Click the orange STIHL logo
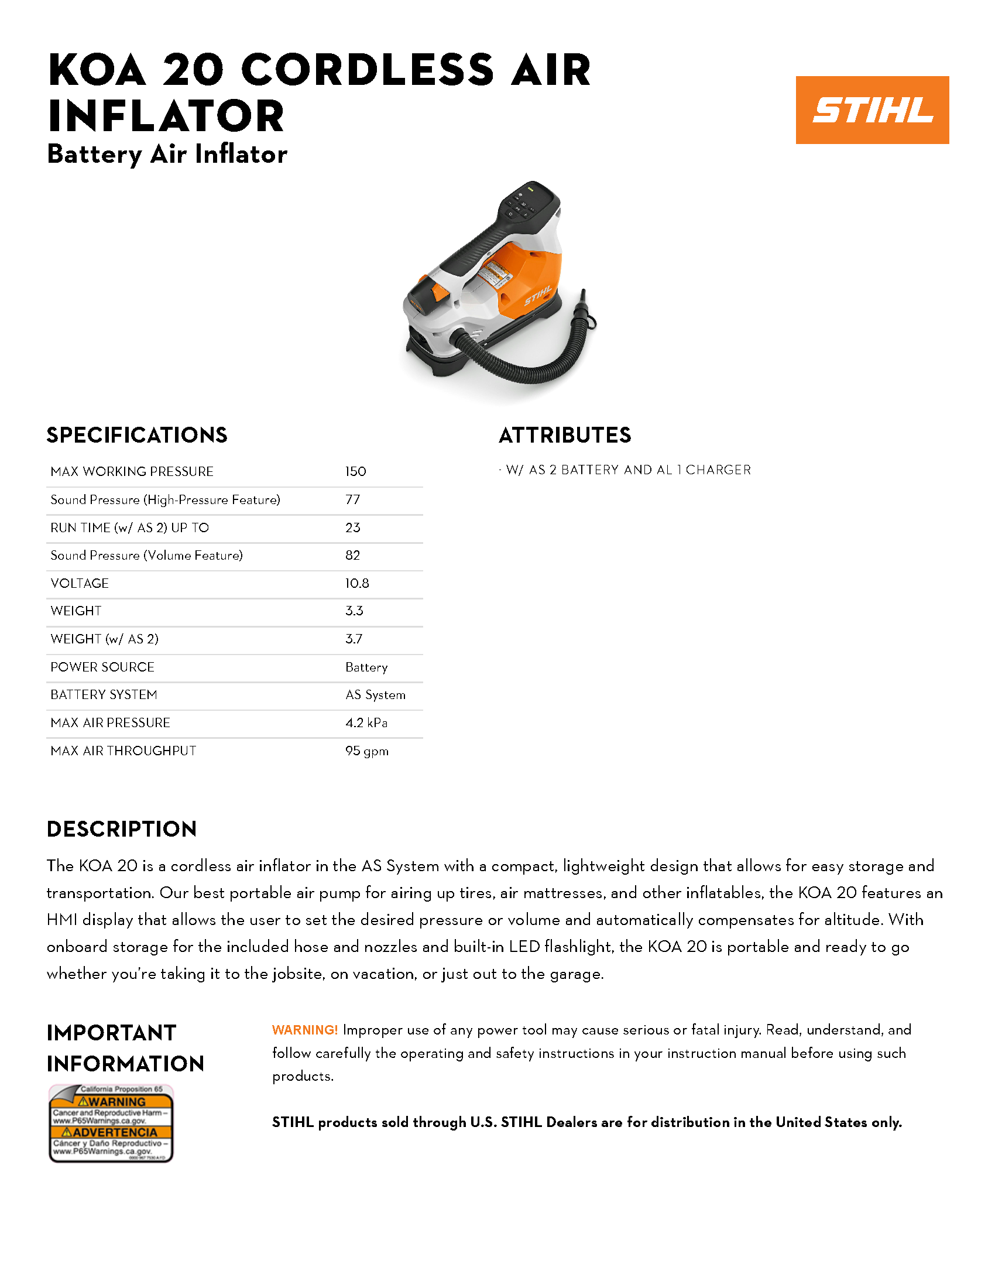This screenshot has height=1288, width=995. (872, 109)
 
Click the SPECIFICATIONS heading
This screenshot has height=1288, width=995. (137, 435)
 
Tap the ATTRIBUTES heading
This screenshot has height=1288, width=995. (565, 435)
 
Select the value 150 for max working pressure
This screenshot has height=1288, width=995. (355, 471)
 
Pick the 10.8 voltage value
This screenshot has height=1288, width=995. (357, 583)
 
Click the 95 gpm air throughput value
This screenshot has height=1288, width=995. (366, 751)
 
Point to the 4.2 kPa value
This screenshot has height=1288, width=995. (366, 722)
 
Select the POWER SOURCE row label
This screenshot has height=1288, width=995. (102, 667)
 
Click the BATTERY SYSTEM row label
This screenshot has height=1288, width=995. (104, 695)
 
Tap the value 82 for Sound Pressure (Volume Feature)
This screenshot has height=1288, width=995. (352, 555)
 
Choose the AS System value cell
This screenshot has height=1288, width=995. (376, 695)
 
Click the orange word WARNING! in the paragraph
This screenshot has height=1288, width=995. (305, 1030)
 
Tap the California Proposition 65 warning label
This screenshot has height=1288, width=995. (111, 1123)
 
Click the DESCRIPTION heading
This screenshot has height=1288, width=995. (121, 828)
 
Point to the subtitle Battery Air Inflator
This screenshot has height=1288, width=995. (167, 154)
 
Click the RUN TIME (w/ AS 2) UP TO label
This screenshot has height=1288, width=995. (130, 528)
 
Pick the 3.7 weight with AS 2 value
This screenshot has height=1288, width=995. (354, 639)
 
